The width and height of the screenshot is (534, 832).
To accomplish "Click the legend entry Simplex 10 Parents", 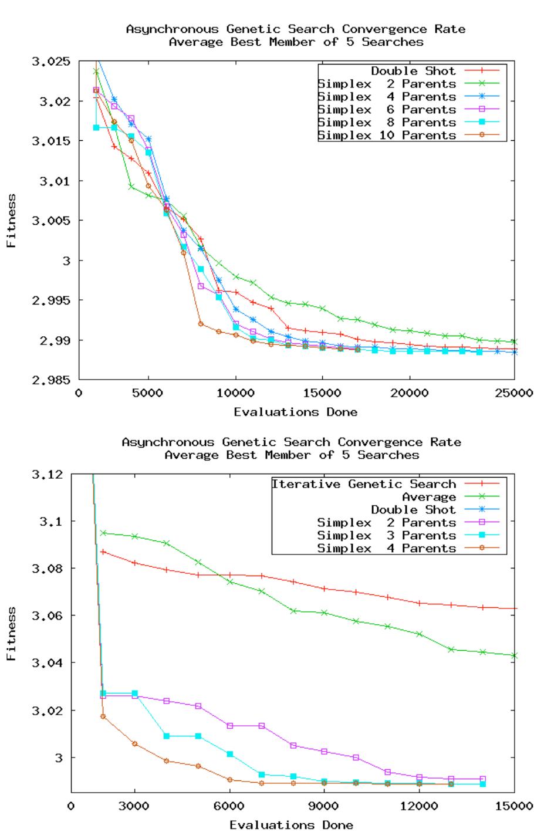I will (x=387, y=135).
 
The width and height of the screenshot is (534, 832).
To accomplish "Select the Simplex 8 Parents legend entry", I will (x=387, y=122).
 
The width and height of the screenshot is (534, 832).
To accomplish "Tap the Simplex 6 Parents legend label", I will (x=387, y=109).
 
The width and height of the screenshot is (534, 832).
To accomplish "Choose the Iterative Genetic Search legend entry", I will (x=363, y=484).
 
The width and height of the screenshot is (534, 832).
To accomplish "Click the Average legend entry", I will (x=428, y=497).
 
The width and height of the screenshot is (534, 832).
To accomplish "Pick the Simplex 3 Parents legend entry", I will (x=386, y=535).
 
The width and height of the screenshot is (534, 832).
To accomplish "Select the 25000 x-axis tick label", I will (x=515, y=393).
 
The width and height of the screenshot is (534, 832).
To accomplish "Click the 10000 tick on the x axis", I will (x=235, y=393).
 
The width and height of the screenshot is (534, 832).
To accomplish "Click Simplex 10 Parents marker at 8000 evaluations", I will (x=201, y=324).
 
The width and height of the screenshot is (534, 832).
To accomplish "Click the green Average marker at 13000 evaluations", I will (x=451, y=649).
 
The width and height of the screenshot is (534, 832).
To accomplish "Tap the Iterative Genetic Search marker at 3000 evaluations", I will (x=135, y=563).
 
